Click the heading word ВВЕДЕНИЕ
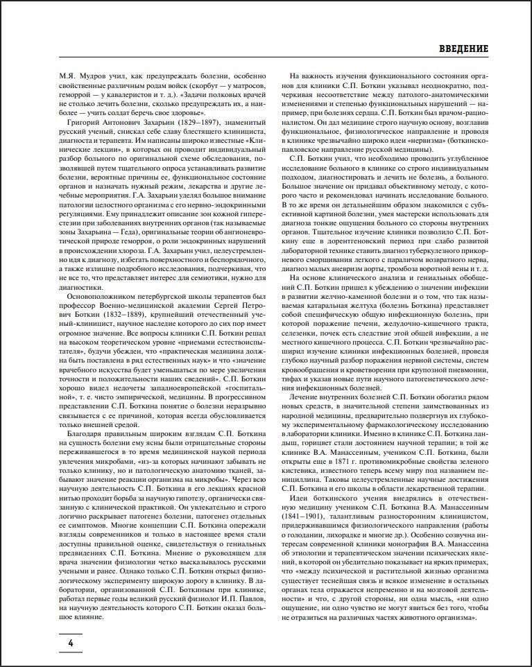[x=464, y=49]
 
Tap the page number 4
[x=71, y=644]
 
